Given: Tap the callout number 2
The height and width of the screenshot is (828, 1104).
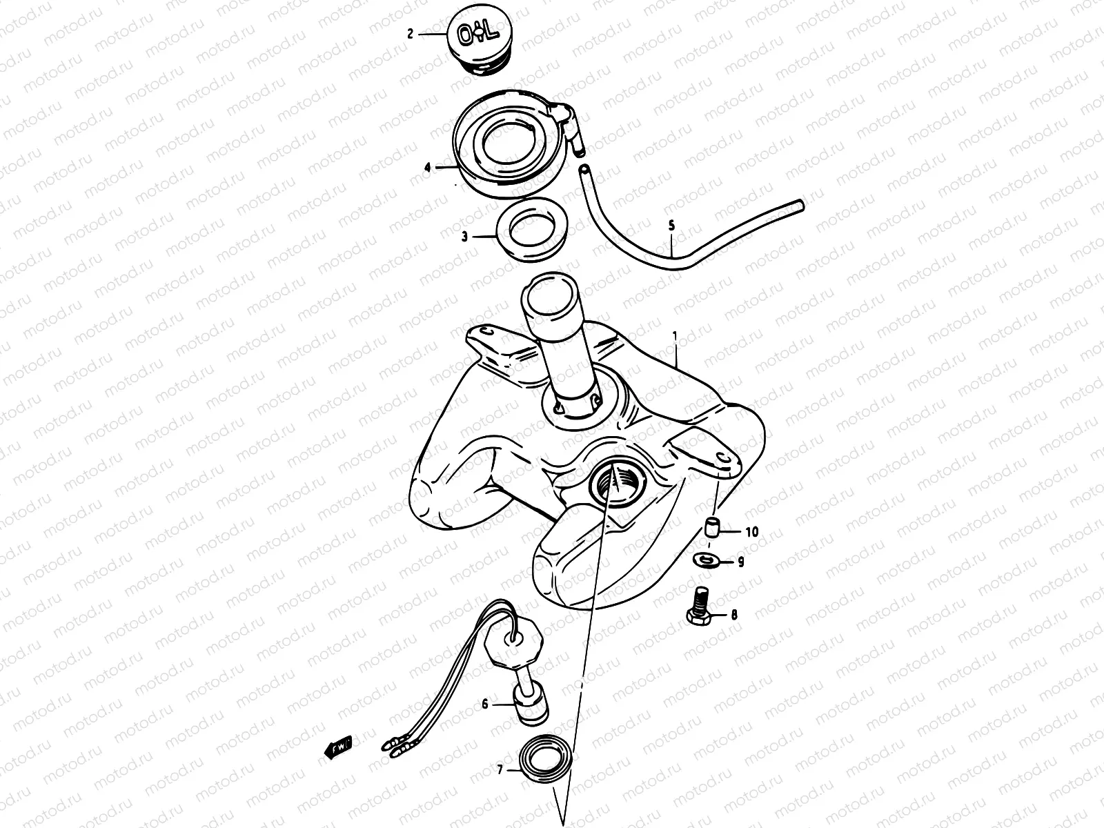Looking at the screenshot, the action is pos(411,34).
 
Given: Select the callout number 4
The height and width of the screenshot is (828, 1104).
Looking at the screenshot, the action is pos(428,168).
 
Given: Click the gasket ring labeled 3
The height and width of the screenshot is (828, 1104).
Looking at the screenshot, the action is pos(532,230).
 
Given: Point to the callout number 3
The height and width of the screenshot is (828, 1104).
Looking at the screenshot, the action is pos(464,236).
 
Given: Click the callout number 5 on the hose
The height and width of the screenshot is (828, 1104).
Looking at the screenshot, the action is pos(671,226).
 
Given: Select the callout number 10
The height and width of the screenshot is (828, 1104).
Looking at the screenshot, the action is pos(752,532).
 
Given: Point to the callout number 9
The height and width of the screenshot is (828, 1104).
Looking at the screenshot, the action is pos(741,562).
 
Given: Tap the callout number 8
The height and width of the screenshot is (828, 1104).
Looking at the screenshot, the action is pos(734,614).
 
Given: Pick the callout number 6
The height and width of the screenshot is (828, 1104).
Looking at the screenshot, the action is pos(485,704).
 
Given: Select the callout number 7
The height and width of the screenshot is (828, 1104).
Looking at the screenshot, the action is pos(500,769).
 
